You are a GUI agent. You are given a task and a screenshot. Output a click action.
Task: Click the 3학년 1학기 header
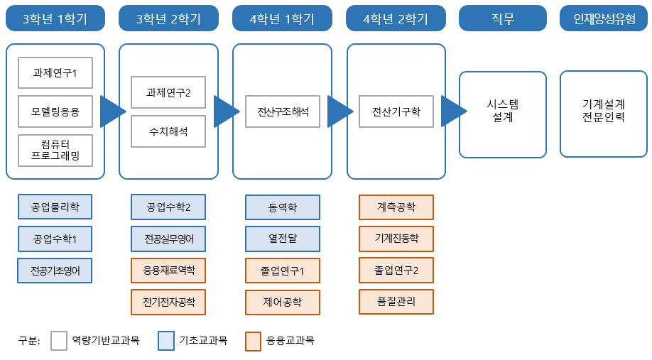point(55,19)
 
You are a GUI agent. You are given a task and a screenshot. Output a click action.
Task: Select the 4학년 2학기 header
point(396,19)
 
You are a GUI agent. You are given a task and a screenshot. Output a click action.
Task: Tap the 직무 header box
point(508,19)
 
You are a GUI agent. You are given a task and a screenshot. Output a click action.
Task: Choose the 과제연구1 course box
point(55,72)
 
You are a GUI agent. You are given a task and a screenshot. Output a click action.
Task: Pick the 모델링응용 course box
point(55,111)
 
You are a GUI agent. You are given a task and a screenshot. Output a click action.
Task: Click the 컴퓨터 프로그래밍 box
point(55,150)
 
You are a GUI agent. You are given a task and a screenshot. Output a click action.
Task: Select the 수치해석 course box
point(168,131)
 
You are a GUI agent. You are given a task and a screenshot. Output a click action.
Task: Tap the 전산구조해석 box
point(283,111)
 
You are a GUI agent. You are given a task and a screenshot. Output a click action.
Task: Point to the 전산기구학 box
point(396,111)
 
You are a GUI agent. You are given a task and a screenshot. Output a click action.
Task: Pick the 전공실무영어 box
point(168,239)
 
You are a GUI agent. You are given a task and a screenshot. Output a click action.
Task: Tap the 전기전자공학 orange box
point(168,302)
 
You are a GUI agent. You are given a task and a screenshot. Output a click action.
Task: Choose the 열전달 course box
point(283,239)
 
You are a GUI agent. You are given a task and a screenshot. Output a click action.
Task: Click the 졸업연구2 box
point(396,271)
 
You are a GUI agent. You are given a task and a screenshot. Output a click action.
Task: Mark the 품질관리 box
point(396,302)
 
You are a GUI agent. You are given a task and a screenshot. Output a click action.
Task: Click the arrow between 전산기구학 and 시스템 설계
point(452,111)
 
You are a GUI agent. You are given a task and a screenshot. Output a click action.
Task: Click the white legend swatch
point(59,341)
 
